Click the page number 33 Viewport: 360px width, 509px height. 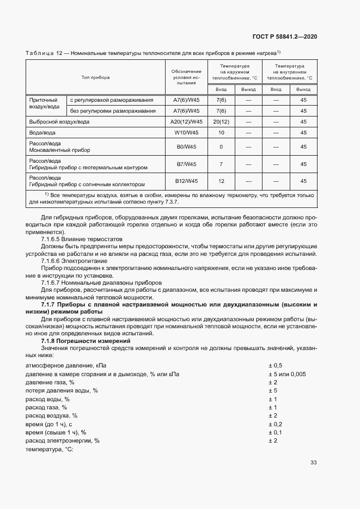[313, 463]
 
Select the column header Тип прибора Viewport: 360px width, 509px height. [95, 77]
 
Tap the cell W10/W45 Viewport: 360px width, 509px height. [186, 132]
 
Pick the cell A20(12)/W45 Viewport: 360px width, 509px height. [186, 121]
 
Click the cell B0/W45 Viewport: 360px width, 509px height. [186, 146]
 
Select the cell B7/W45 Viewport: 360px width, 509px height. [186, 164]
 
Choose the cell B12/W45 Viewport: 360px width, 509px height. [186, 181]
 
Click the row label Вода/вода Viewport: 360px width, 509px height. [41, 132]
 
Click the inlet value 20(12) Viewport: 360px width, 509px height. [221, 121]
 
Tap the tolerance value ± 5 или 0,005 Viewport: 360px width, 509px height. [286, 374]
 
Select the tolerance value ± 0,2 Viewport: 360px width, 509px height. [275, 424]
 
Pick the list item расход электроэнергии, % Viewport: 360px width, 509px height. [63, 440]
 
